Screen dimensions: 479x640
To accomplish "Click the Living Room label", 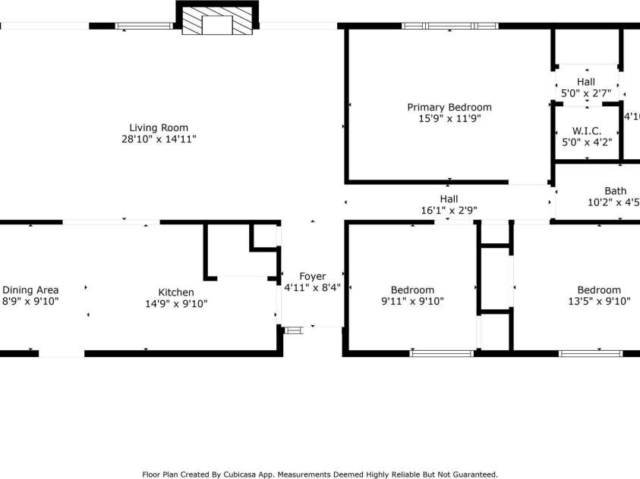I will tap(158, 128).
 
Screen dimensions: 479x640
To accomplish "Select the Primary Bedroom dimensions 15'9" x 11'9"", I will tap(449, 118).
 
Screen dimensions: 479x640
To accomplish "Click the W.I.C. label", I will tap(587, 130).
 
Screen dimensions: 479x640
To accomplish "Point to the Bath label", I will tap(615, 191).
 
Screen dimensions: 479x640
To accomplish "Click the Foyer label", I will tap(312, 276).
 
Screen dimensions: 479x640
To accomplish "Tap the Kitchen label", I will tap(175, 293).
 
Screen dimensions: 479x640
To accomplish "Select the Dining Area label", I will tap(30, 290).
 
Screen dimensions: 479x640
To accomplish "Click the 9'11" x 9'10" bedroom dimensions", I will tap(412, 301).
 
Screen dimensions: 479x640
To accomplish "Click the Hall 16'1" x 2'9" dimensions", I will tap(449, 210).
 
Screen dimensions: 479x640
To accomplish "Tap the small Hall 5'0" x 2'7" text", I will tap(585, 92).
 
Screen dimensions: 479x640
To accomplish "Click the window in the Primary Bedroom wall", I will tap(449, 26).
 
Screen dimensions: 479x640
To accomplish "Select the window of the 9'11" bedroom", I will tap(442, 352).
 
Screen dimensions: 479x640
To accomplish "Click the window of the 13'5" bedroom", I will tap(590, 352).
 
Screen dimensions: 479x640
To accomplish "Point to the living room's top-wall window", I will tap(143, 26).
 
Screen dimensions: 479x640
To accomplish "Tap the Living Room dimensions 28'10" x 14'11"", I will tap(158, 139).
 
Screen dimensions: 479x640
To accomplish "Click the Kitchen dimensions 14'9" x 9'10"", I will tap(175, 303).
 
